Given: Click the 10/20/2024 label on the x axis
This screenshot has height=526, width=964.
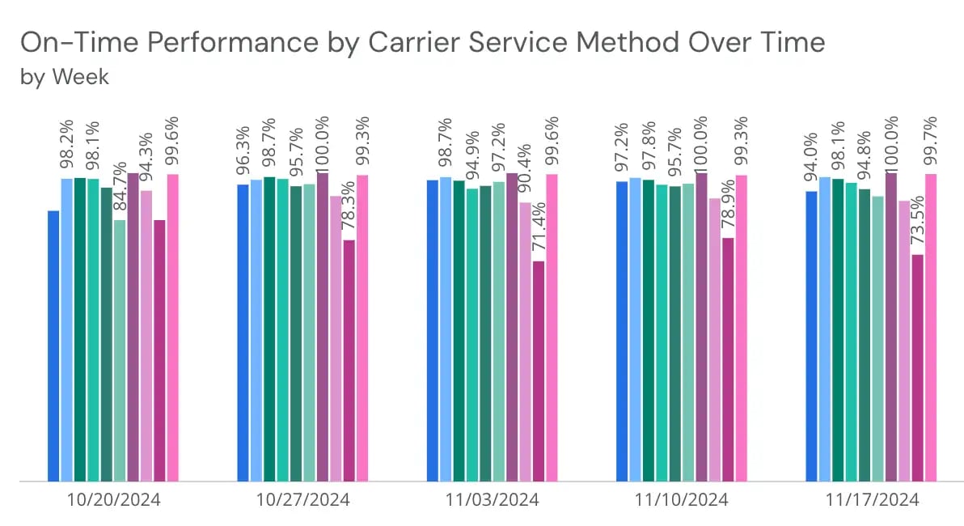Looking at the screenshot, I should pyautogui.click(x=113, y=500).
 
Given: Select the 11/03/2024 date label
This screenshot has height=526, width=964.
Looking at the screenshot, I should pyautogui.click(x=492, y=500).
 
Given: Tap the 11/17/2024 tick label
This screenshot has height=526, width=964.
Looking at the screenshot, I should pyautogui.click(x=872, y=500).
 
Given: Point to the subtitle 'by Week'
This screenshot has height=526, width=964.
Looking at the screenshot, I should pyautogui.click(x=64, y=77).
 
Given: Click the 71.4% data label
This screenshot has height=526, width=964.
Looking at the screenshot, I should pyautogui.click(x=539, y=232).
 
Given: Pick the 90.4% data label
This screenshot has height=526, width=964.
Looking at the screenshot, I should pyautogui.click(x=525, y=173).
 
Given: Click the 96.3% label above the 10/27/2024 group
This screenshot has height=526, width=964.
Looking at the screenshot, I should pyautogui.click(x=242, y=155).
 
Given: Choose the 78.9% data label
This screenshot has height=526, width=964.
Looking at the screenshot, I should pyautogui.click(x=729, y=209).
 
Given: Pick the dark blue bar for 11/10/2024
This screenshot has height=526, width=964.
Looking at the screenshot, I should pyautogui.click(x=621, y=331).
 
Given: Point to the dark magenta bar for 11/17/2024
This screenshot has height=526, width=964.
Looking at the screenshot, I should pyautogui.click(x=917, y=367).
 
